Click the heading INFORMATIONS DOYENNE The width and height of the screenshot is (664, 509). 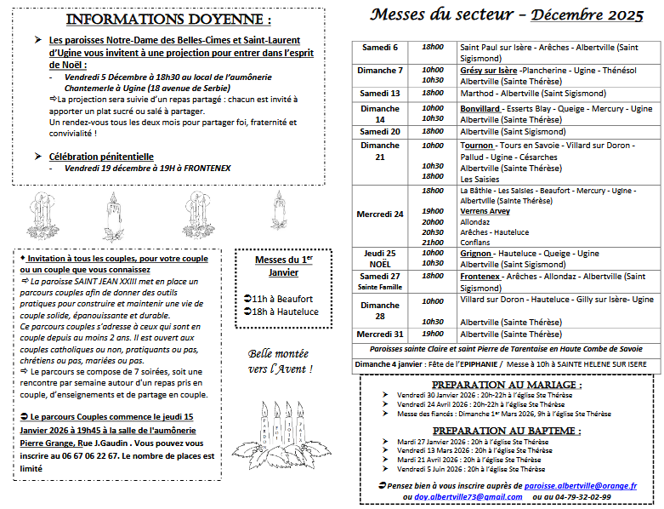point(169,20)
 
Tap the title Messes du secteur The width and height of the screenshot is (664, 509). point(442,14)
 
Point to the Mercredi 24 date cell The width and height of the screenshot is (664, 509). point(381,214)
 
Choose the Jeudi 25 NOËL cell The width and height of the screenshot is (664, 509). point(380,258)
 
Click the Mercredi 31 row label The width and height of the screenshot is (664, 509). point(381,334)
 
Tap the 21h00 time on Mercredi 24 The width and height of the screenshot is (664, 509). point(433,242)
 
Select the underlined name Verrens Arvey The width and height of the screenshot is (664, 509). point(485,211)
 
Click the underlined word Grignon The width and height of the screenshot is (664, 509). point(475,254)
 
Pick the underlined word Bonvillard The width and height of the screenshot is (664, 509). point(480,109)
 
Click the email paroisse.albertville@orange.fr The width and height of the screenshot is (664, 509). point(581,484)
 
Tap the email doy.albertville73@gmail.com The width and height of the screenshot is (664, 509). point(463,496)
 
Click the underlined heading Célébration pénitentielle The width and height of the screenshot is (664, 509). point(101,157)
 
